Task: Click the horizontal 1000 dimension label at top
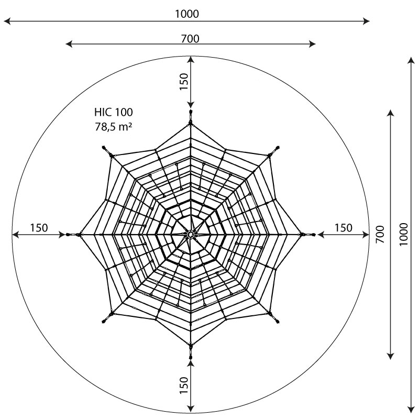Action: click(x=187, y=14)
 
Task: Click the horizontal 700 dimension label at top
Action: click(x=190, y=39)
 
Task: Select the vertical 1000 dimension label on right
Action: click(x=403, y=235)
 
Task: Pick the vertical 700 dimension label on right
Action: click(x=380, y=234)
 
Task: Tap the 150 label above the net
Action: click(x=184, y=82)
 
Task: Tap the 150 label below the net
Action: click(x=184, y=385)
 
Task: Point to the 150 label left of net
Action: click(x=39, y=228)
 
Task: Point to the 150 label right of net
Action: click(x=344, y=228)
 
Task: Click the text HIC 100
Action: click(x=113, y=112)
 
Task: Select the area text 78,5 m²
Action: click(x=114, y=127)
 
